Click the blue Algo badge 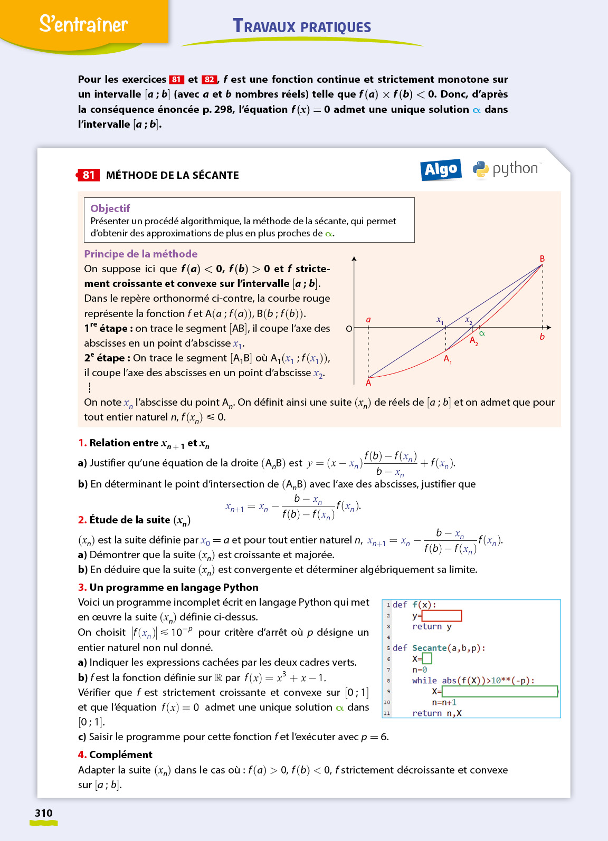pos(441,169)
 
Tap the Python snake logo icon pos(480,169)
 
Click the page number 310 pos(44,813)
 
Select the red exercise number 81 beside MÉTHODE pos(89,175)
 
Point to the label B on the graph pos(542,259)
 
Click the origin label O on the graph pos(348,329)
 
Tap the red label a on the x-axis pos(368,320)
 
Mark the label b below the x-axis pos(542,337)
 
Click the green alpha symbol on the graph pos(482,333)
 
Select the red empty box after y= pos(442,616)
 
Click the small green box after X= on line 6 pos(427,658)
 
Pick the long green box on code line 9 pos(499,691)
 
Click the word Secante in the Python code pos(429,648)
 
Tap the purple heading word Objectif pos(110,208)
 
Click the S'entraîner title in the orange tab pos(83,24)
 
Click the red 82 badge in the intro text pos(210,80)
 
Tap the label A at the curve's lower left pos(368,383)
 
